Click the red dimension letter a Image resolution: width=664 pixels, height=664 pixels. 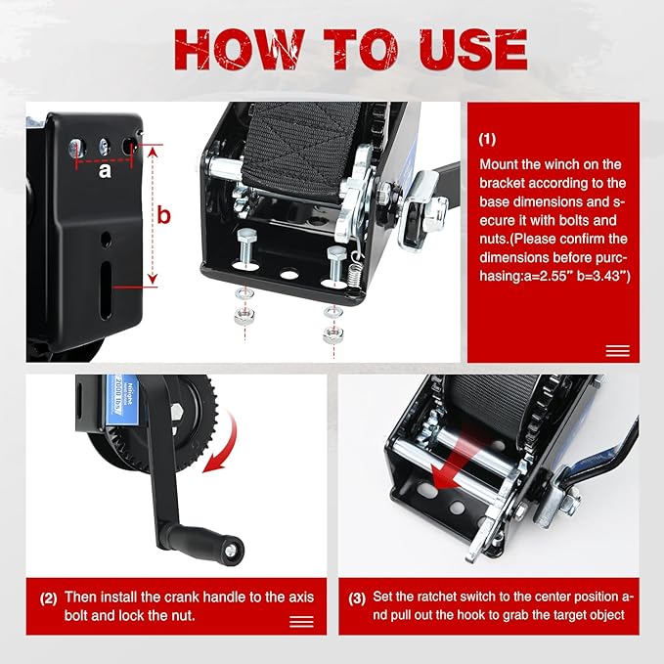[104, 169]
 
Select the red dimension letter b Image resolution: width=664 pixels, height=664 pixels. [164, 215]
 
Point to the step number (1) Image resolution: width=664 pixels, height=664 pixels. [488, 140]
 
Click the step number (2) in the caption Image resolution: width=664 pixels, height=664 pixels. [48, 596]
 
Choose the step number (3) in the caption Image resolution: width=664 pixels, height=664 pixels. [357, 596]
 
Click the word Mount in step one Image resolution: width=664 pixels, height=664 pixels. [499, 164]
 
